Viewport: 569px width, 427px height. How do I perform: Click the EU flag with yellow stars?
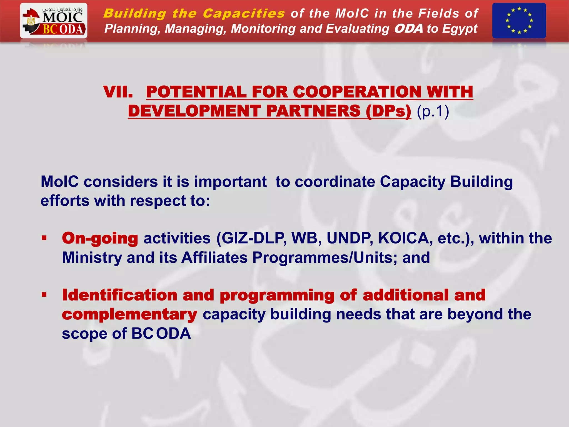coord(519,21)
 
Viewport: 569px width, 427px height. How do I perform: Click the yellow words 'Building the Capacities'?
coord(194,13)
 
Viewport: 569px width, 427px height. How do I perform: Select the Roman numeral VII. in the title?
coord(118,92)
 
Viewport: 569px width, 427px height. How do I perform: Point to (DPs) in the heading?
coord(388,111)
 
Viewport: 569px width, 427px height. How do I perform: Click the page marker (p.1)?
coord(433,111)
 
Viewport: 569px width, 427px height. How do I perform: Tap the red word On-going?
coord(100,239)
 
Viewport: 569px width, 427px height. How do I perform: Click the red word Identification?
coord(120,295)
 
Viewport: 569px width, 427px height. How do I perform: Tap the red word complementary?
coord(129,314)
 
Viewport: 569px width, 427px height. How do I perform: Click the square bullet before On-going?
coord(44,238)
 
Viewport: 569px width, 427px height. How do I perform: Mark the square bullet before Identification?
coord(44,295)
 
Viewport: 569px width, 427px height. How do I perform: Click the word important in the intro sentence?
coord(230,182)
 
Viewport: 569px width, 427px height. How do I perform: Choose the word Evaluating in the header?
coord(358,29)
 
